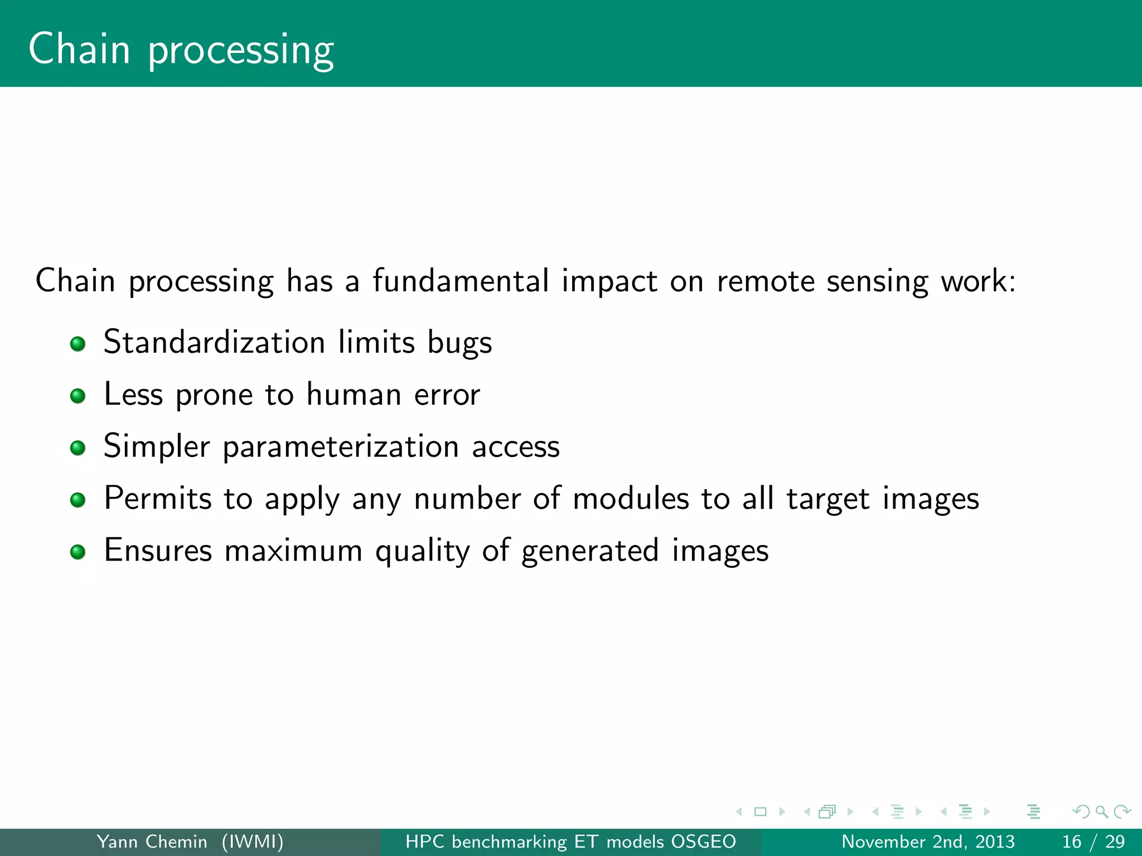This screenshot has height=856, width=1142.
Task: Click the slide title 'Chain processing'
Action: pyautogui.click(x=181, y=50)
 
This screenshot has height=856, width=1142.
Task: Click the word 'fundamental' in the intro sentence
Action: pyautogui.click(x=461, y=280)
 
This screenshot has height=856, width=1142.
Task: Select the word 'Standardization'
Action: pyautogui.click(x=214, y=342)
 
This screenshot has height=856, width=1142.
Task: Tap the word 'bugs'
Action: pyautogui.click(x=459, y=343)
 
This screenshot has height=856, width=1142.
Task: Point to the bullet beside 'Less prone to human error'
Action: pyautogui.click(x=78, y=396)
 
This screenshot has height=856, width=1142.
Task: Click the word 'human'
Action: pyautogui.click(x=354, y=395)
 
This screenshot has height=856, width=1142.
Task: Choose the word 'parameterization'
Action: pyautogui.click(x=341, y=447)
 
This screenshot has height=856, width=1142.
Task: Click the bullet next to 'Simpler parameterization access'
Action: pyautogui.click(x=78, y=448)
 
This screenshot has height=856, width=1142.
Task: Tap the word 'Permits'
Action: pyautogui.click(x=158, y=498)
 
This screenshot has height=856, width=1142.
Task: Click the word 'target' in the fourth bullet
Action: pyautogui.click(x=828, y=499)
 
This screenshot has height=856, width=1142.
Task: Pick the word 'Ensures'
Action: pyautogui.click(x=158, y=550)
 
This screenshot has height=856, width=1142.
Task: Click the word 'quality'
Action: pyautogui.click(x=422, y=551)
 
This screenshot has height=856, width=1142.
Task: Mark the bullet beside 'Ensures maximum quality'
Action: pyautogui.click(x=78, y=552)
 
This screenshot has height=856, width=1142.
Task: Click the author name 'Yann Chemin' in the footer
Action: pyautogui.click(x=152, y=842)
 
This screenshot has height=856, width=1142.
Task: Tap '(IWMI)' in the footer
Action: pyautogui.click(x=253, y=842)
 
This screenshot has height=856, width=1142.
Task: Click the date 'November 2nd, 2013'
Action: pyautogui.click(x=928, y=842)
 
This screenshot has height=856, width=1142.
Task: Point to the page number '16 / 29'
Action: pyautogui.click(x=1093, y=842)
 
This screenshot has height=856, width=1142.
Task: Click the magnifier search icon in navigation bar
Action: pyautogui.click(x=1101, y=812)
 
